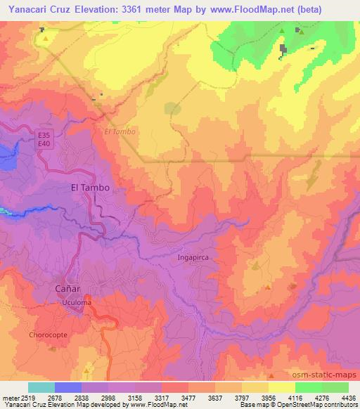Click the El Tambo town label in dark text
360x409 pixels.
(x=91, y=188)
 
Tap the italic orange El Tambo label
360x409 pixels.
(x=118, y=131)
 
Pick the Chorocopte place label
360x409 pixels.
(x=48, y=335)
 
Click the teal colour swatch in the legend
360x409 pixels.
(x=41, y=387)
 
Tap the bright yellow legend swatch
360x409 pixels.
(x=281, y=387)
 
